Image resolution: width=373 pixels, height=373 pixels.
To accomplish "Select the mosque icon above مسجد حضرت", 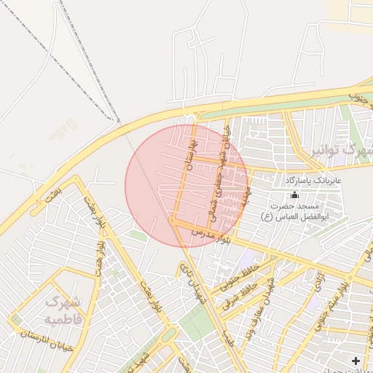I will pos(294,195).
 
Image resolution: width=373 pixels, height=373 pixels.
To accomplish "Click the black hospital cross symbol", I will pos(355,361).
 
